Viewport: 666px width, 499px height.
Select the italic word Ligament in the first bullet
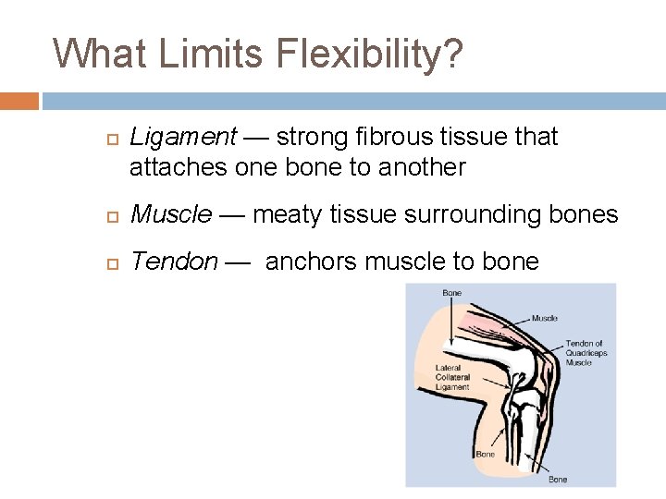183,138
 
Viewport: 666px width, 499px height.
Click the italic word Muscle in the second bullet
171,214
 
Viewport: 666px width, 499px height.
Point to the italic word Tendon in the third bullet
175,262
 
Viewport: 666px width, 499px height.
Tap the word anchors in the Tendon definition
311,262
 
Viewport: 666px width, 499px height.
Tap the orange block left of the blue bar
19,101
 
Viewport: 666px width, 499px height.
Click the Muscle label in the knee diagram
544,318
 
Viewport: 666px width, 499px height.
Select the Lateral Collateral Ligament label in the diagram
452,377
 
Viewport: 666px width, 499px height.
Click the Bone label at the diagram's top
451,293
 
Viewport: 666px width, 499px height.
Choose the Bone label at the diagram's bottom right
558,479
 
